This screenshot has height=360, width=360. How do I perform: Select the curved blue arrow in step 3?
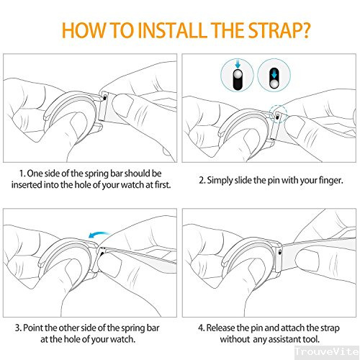[99, 235]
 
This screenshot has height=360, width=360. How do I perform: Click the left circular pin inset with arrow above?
[237, 75]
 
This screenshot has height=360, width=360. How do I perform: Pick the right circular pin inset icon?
[274, 75]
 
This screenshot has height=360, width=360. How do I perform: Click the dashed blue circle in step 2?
[278, 114]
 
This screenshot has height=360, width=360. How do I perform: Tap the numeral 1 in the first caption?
[22, 174]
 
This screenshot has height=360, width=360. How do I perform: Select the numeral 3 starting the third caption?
[18, 328]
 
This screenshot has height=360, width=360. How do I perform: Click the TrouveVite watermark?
[327, 351]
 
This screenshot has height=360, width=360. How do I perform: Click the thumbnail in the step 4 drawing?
[307, 259]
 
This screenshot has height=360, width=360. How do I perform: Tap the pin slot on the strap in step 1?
[104, 97]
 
